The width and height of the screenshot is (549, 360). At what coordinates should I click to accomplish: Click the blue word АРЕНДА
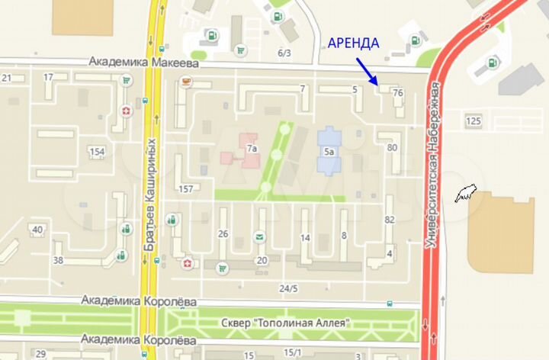tap(352, 43)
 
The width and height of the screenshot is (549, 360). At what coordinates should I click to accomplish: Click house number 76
tap(396, 93)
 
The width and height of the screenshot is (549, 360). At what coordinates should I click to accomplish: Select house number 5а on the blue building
tap(329, 152)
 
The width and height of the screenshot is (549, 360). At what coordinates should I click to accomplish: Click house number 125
tap(474, 121)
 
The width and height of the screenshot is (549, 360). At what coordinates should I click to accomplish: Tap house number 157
tap(185, 188)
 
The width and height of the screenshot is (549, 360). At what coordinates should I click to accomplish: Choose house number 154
tap(96, 152)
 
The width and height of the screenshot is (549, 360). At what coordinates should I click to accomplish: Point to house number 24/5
tap(288, 288)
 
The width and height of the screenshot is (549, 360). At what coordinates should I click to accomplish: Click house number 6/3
tap(284, 53)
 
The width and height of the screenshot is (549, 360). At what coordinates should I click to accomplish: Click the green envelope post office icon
tap(260, 236)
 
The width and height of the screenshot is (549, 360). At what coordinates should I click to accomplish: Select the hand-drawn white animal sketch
tap(464, 194)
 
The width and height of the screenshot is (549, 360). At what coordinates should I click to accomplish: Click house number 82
tap(390, 220)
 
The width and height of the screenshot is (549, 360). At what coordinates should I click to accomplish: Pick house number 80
tap(392, 148)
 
